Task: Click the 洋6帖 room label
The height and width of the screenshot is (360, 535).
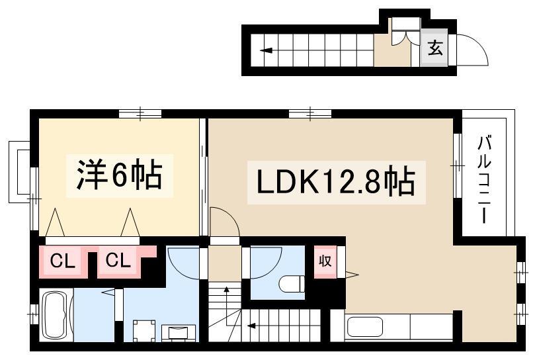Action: [x=119, y=175]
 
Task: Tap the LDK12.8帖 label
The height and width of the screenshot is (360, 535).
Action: [x=336, y=182]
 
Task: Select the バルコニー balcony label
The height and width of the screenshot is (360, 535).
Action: [x=484, y=179]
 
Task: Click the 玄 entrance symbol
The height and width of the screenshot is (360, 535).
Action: [x=435, y=48]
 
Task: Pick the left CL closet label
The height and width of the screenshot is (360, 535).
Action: [x=62, y=261]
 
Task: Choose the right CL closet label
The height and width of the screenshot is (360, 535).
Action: [x=118, y=261]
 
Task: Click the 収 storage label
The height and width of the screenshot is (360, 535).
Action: [x=325, y=261]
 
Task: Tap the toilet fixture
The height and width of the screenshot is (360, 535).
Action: [x=292, y=284]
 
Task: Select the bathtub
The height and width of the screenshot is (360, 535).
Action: [x=56, y=314]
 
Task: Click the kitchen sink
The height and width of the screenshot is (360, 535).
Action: [x=365, y=327]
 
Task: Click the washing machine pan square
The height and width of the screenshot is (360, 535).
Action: [x=144, y=330]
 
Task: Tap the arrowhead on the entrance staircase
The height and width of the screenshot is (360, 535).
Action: [x=266, y=51]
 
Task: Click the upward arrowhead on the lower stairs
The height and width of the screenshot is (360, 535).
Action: [x=226, y=290]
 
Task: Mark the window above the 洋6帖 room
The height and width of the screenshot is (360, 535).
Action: [x=140, y=113]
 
